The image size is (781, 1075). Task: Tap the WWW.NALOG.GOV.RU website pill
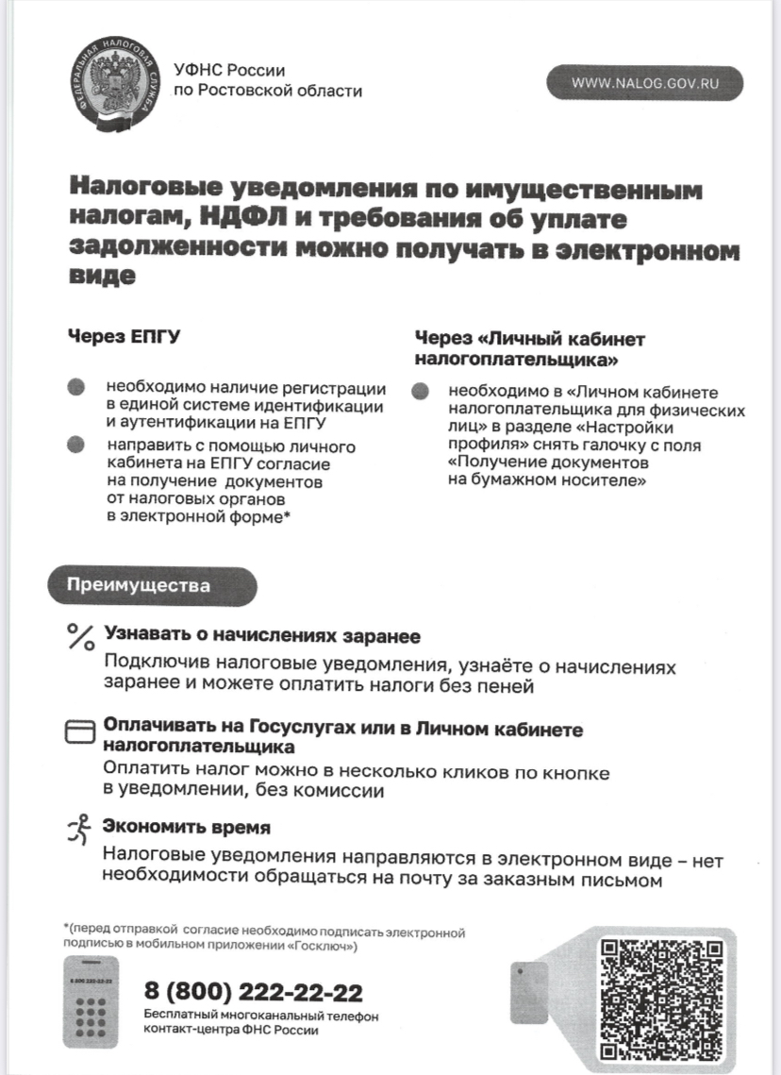pyautogui.click(x=645, y=83)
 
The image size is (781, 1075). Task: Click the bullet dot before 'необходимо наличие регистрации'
pyautogui.click(x=76, y=387)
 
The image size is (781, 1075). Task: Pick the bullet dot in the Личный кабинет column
pyautogui.click(x=421, y=392)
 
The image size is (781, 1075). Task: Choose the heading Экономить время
pyautogui.click(x=187, y=827)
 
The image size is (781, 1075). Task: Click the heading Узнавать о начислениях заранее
pyautogui.click(x=262, y=635)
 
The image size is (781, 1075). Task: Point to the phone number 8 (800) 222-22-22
pyautogui.click(x=253, y=992)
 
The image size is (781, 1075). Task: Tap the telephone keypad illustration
pyautogui.click(x=91, y=1001)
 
